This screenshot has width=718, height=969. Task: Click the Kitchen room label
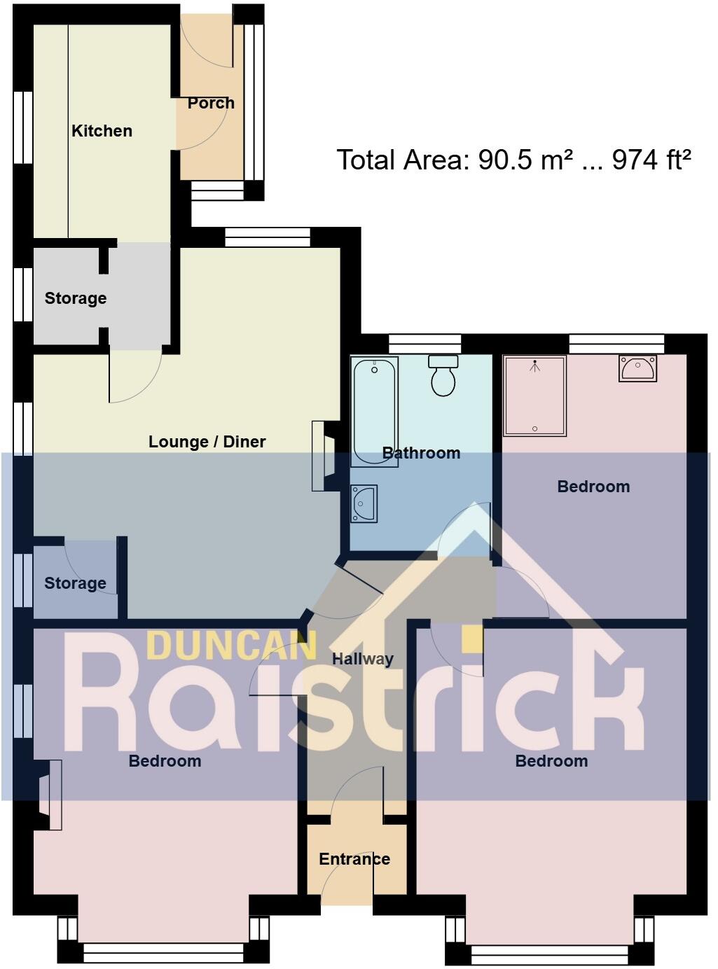[102, 131]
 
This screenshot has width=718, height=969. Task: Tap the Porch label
[211, 103]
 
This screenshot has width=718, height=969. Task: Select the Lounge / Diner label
[207, 442]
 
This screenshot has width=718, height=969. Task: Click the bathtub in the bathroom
[374, 411]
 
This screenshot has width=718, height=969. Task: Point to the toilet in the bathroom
[443, 377]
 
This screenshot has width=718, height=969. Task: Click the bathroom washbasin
[364, 503]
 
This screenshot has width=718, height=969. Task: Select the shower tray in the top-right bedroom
[534, 396]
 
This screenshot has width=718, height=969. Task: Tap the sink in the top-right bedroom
[637, 368]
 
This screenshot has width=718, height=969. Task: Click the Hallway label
[363, 659]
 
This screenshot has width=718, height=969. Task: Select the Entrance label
[354, 859]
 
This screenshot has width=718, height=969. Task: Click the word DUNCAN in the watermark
[232, 646]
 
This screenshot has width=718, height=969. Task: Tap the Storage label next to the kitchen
[76, 298]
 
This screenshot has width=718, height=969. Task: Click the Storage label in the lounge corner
[76, 583]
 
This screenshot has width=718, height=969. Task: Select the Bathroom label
[422, 453]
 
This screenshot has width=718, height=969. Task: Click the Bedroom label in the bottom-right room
[551, 761]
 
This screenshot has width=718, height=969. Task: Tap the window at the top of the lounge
[268, 238]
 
